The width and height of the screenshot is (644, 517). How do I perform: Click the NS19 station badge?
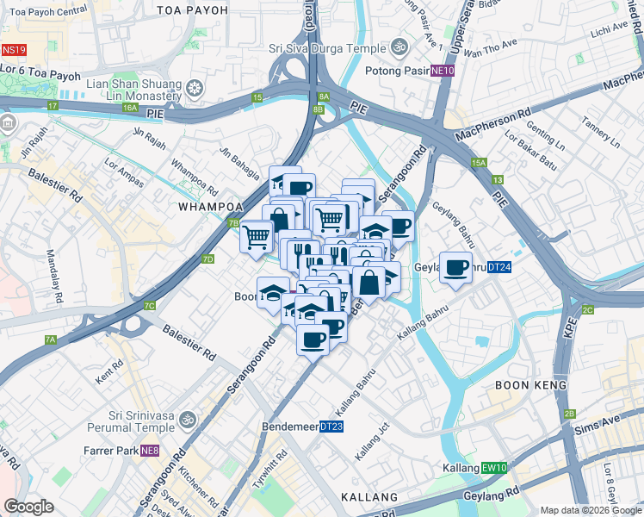[14, 51]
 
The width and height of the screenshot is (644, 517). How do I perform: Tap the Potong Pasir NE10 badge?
[443, 71]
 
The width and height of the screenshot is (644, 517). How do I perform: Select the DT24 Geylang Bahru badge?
[499, 268]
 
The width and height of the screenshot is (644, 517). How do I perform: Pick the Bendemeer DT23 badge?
[331, 427]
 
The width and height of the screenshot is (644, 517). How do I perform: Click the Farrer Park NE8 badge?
[151, 450]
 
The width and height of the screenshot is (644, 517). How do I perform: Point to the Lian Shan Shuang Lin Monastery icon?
[195, 89]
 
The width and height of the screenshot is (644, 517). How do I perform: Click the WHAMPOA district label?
[207, 207]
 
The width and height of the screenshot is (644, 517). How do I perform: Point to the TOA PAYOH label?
[193, 9]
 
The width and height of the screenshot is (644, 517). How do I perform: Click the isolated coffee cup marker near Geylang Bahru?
[455, 266]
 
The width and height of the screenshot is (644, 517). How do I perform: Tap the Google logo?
[29, 507]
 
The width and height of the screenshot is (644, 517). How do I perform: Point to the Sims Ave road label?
[604, 422]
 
